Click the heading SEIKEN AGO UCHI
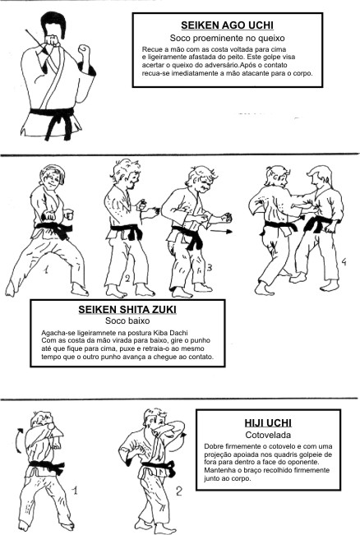tap(227, 25)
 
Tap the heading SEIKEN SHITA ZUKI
tap(127, 310)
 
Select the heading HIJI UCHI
tap(268, 423)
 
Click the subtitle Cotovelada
tap(268, 435)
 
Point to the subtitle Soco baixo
tap(127, 321)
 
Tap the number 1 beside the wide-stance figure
tap(45, 270)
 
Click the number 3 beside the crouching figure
tap(210, 268)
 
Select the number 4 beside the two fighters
tap(344, 262)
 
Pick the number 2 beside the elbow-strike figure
tap(179, 491)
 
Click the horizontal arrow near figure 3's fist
tap(221, 232)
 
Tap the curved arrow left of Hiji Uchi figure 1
tap(19, 440)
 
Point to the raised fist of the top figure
tap(84, 50)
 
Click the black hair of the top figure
tap(53, 23)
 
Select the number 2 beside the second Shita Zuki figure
tap(127, 279)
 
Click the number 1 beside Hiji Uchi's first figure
tap(75, 491)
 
